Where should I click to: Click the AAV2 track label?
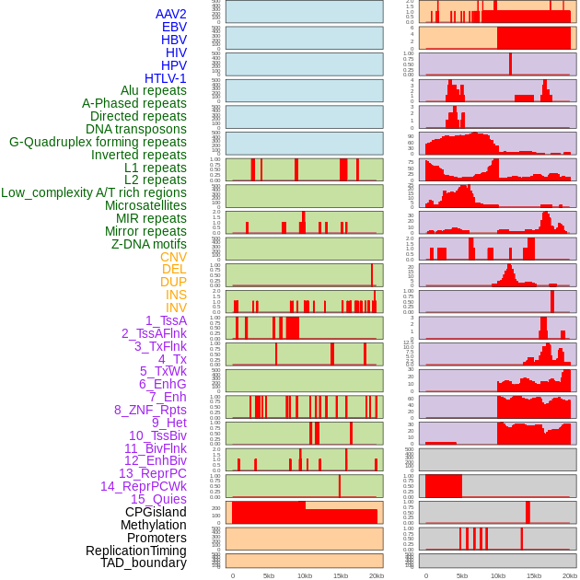pos(170,14)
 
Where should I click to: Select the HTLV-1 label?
pos(165,78)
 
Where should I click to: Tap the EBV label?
pos(174,27)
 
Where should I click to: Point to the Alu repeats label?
pos(154,90)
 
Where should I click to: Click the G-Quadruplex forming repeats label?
pos(98,142)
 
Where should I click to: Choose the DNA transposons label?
pos(135,129)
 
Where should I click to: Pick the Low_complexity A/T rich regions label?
pos(94,192)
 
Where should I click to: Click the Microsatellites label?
pos(145,205)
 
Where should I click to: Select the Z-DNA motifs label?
pos(149,244)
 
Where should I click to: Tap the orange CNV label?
pos(173,257)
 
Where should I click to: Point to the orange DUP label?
pos(173,282)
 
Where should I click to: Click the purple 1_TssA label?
pos(166,320)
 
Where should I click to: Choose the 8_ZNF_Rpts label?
pos(150,410)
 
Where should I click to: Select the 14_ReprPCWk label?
pos(144,486)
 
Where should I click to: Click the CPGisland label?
pos(156,512)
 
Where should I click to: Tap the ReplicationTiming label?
pos(135,551)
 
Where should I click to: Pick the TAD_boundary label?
pos(143,563)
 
